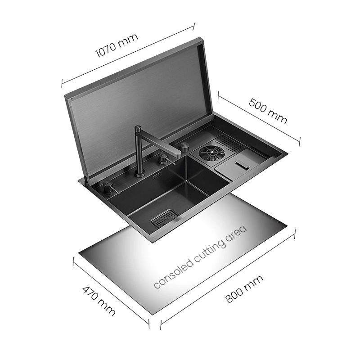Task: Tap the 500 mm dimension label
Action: (x=268, y=111)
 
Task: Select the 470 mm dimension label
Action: (x=99, y=301)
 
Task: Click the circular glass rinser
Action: (x=211, y=152)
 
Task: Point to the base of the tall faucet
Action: (x=139, y=174)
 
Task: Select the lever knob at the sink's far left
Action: (x=108, y=187)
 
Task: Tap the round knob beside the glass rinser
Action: (x=184, y=147)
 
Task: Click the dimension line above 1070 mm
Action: (x=128, y=55)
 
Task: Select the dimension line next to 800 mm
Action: (x=228, y=279)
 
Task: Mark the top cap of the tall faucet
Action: (x=139, y=127)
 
